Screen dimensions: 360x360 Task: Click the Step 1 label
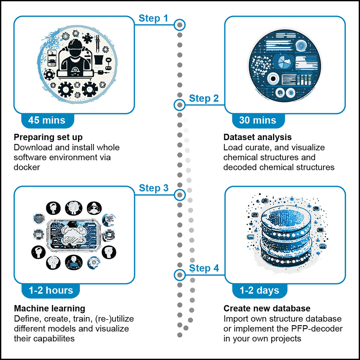point(154,18)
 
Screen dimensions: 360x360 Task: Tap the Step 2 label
point(204,98)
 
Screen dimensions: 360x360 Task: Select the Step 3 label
point(154,188)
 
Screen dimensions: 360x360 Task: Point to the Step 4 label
point(204,269)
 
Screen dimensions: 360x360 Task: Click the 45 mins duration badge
point(48,120)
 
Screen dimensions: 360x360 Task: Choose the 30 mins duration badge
point(257,120)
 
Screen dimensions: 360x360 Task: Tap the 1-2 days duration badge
point(259,290)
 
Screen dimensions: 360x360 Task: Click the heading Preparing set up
point(48,138)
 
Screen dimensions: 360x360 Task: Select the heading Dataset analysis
point(258,138)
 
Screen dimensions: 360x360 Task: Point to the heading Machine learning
point(50,309)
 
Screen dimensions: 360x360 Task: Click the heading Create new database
point(267,309)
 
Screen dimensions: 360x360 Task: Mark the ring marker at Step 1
point(180,25)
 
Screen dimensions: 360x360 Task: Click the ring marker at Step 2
point(179,105)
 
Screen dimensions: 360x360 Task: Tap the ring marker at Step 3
point(180,195)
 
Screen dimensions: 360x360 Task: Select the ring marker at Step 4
point(179,275)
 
